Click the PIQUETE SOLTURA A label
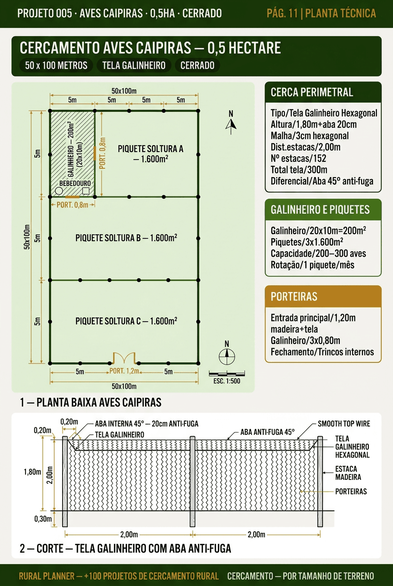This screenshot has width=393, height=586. tap(150, 153)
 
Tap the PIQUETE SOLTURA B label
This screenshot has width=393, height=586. tap(126, 238)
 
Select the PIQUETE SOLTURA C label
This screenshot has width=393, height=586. tap(126, 321)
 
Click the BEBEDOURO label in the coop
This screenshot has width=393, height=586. tap(75, 184)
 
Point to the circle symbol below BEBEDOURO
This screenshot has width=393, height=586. tap(59, 191)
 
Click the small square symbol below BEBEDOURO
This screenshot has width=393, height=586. tap(86, 191)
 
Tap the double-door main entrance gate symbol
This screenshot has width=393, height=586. tap(124, 358)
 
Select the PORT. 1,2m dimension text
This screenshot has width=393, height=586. tap(124, 371)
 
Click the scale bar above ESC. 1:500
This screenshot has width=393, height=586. tap(227, 374)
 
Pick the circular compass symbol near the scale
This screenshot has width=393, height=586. tap(227, 357)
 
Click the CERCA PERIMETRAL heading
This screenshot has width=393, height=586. tap(312, 92)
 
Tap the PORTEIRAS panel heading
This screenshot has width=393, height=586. tap(294, 296)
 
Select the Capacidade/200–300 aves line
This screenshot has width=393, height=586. tap(318, 253)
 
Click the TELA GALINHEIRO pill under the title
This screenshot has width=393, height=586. tap(134, 65)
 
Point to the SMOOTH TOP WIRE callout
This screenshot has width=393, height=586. tap(344, 424)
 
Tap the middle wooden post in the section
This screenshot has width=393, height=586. tap(192, 481)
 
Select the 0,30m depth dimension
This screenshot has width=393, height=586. tap(43, 519)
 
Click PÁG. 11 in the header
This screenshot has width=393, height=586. tap(282, 13)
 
